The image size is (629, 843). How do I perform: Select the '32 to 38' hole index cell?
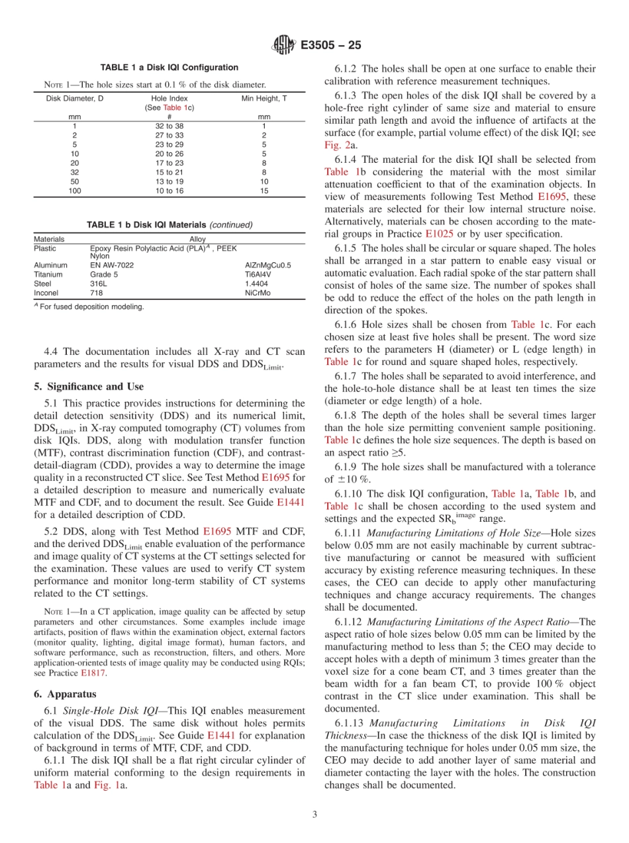click(x=169, y=126)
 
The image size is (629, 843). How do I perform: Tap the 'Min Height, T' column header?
click(x=264, y=98)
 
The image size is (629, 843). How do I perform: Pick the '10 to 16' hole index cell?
click(x=169, y=191)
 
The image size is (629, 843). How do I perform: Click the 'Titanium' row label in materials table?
click(x=48, y=274)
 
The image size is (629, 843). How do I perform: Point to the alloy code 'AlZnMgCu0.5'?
click(x=267, y=265)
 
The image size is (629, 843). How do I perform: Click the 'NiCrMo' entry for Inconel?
click(x=258, y=293)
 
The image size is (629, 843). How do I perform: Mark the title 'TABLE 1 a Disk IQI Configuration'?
click(x=169, y=68)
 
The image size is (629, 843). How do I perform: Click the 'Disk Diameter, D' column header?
click(x=74, y=98)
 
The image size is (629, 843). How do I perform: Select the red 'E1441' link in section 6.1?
click(x=220, y=735)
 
